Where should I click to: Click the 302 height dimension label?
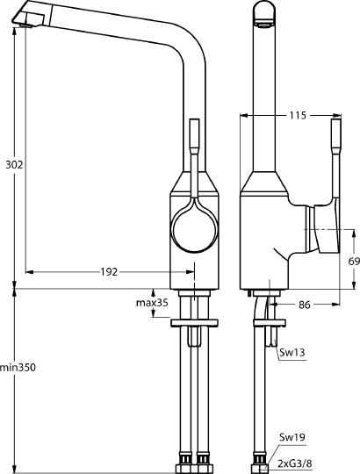[12, 164]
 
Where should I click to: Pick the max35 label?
[150, 304]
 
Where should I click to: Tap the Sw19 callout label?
[292, 436]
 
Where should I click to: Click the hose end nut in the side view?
[260, 459]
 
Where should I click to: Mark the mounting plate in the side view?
[268, 323]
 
